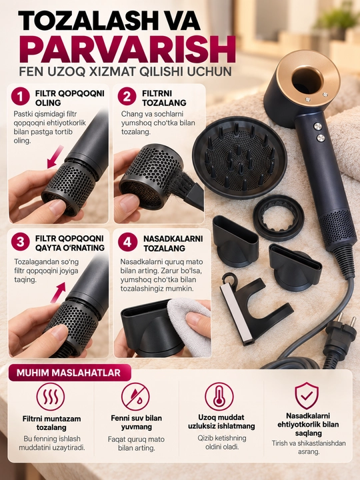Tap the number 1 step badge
[x=21, y=97]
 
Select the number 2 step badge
[x=127, y=97]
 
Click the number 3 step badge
[x=21, y=242]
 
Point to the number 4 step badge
[x=127, y=243]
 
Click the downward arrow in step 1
[x=55, y=157]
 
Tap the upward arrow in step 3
[x=58, y=293]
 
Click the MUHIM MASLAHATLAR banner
[x=69, y=373]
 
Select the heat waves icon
[x=51, y=397]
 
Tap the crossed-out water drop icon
[x=135, y=397]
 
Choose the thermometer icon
[x=219, y=397]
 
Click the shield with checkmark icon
[x=307, y=395]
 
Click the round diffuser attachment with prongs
[x=239, y=157]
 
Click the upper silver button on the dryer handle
[x=318, y=127]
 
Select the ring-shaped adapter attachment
[x=279, y=217]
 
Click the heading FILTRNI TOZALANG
[x=164, y=98]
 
